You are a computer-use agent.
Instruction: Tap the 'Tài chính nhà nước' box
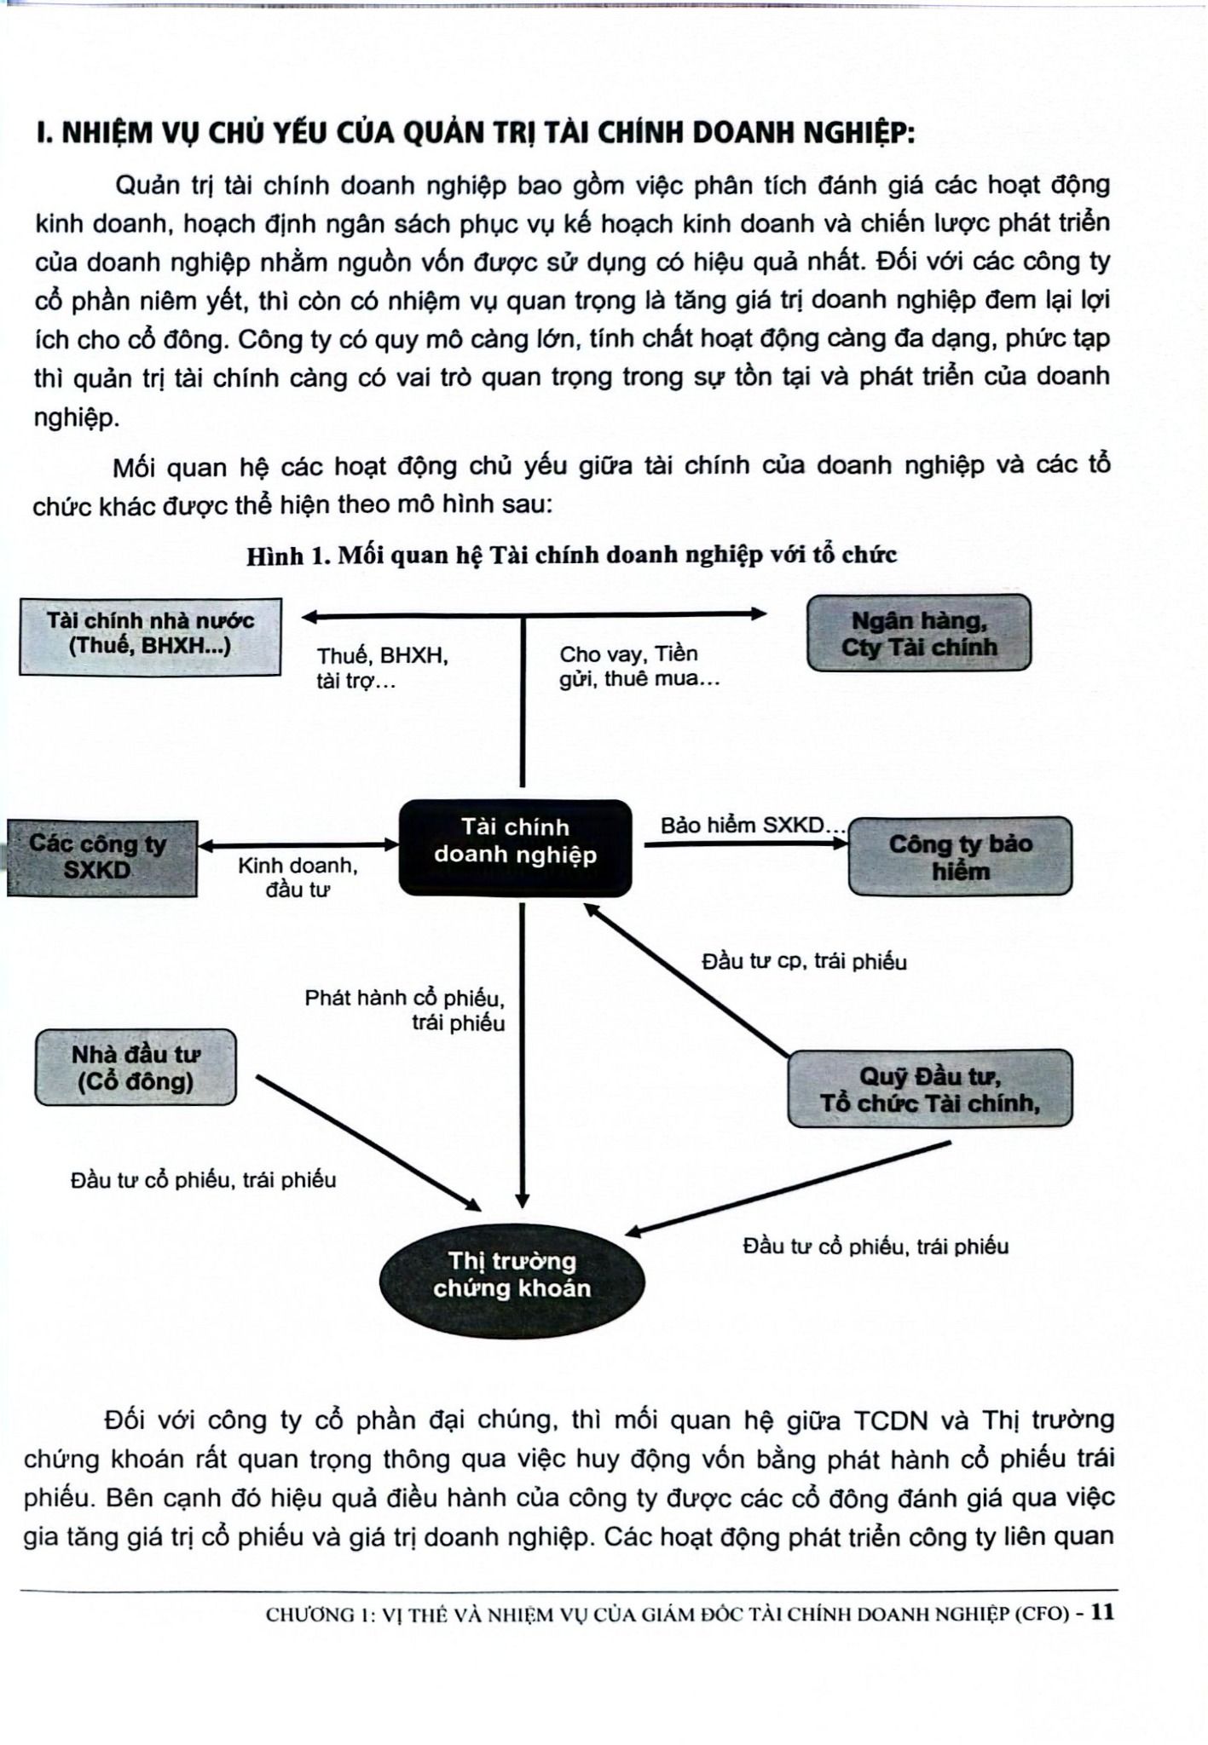coord(150,636)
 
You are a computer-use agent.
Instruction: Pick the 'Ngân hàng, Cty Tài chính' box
coord(918,633)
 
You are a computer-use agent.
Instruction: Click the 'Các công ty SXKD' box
coord(101,857)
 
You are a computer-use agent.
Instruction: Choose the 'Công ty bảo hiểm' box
coord(960,856)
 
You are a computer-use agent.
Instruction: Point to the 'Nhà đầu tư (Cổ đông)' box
coord(136,1067)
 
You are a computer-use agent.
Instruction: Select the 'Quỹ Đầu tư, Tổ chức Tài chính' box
coord(929,1089)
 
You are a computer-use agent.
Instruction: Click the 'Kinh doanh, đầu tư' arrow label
coord(297,877)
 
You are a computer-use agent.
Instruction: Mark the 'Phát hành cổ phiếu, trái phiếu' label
coord(405,1010)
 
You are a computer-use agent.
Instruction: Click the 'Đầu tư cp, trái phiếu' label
coord(803,962)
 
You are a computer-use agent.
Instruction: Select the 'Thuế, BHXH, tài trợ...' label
coord(382,668)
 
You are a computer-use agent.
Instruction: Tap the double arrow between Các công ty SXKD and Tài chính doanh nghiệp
coord(298,845)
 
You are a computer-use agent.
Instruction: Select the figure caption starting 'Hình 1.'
coord(571,556)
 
